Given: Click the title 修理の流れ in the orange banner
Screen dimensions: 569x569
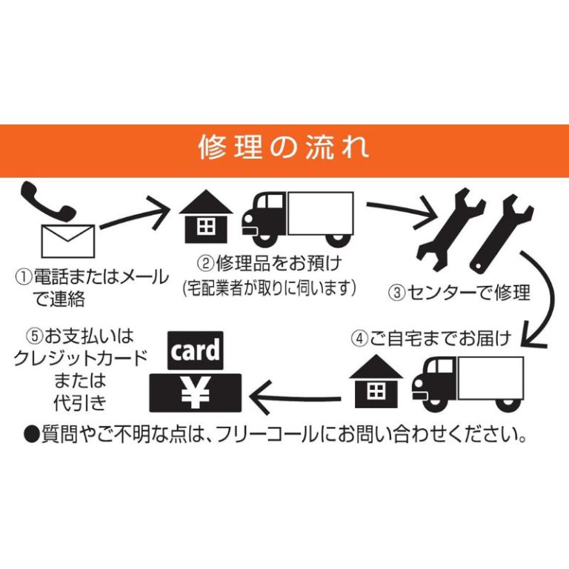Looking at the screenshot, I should coord(284,147).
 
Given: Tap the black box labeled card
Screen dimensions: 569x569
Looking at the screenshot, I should coord(196,351).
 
